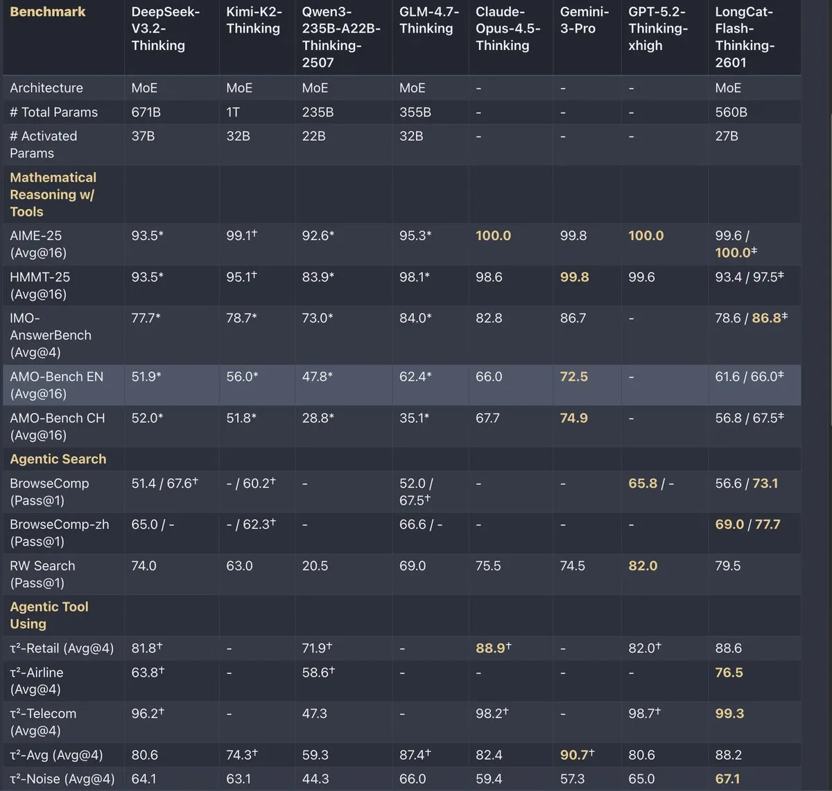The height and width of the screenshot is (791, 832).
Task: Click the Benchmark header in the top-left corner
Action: pyautogui.click(x=47, y=12)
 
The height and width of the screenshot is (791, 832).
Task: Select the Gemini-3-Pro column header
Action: pyautogui.click(x=584, y=20)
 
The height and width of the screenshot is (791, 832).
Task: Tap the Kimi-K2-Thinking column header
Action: pyautogui.click(x=254, y=20)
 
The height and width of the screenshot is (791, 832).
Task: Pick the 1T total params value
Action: pyautogui.click(x=232, y=112)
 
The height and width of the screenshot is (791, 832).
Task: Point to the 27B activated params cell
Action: pyautogui.click(x=726, y=136)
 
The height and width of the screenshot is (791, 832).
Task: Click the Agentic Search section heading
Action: pyautogui.click(x=58, y=459)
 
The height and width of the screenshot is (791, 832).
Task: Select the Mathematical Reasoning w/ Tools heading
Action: pyautogui.click(x=53, y=194)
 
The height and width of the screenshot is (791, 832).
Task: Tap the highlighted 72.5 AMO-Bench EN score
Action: pyautogui.click(x=573, y=377)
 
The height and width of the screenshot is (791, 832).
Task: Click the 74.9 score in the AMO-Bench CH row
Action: pyautogui.click(x=573, y=418)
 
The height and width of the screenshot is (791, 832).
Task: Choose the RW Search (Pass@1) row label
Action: pyautogui.click(x=42, y=574)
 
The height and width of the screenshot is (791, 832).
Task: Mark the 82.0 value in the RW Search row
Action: pyautogui.click(x=643, y=565)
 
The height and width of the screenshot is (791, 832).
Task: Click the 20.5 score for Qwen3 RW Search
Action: pyautogui.click(x=315, y=565)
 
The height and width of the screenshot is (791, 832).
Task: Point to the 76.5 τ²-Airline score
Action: pyautogui.click(x=729, y=672)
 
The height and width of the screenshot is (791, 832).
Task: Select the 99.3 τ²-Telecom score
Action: pyautogui.click(x=729, y=713)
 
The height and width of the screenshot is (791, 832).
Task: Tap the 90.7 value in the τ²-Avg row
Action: pyautogui.click(x=577, y=754)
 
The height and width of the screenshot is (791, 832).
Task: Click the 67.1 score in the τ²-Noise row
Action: pyautogui.click(x=727, y=779)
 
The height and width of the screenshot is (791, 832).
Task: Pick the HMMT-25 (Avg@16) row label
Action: pyautogui.click(x=40, y=286)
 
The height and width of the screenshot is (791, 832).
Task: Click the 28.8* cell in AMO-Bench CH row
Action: pyautogui.click(x=318, y=418)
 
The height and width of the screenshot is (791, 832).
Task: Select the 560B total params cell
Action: pyautogui.click(x=731, y=112)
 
